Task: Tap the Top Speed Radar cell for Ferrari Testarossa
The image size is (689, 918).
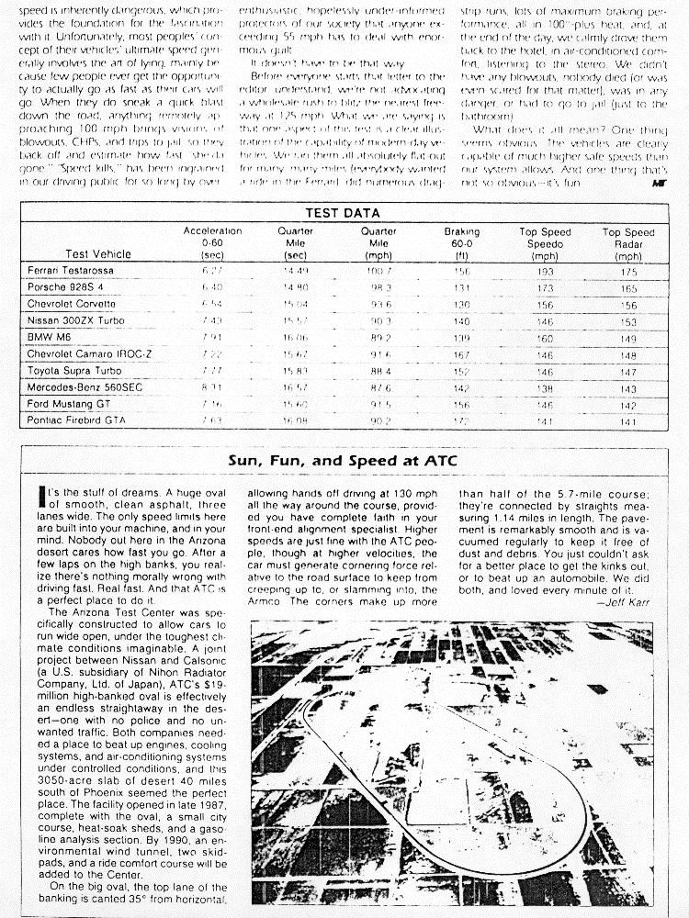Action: [x=628, y=273]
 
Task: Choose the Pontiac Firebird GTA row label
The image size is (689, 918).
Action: [x=76, y=420]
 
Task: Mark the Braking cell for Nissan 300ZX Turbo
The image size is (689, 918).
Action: [x=462, y=321]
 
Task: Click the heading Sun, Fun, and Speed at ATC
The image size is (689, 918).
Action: [x=344, y=460]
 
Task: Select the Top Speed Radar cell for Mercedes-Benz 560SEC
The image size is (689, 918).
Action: [x=628, y=387]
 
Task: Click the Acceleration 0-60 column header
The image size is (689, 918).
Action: [x=212, y=243]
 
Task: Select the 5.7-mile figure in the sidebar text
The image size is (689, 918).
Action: [x=561, y=496]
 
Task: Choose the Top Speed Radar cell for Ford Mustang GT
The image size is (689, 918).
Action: [x=628, y=404]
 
